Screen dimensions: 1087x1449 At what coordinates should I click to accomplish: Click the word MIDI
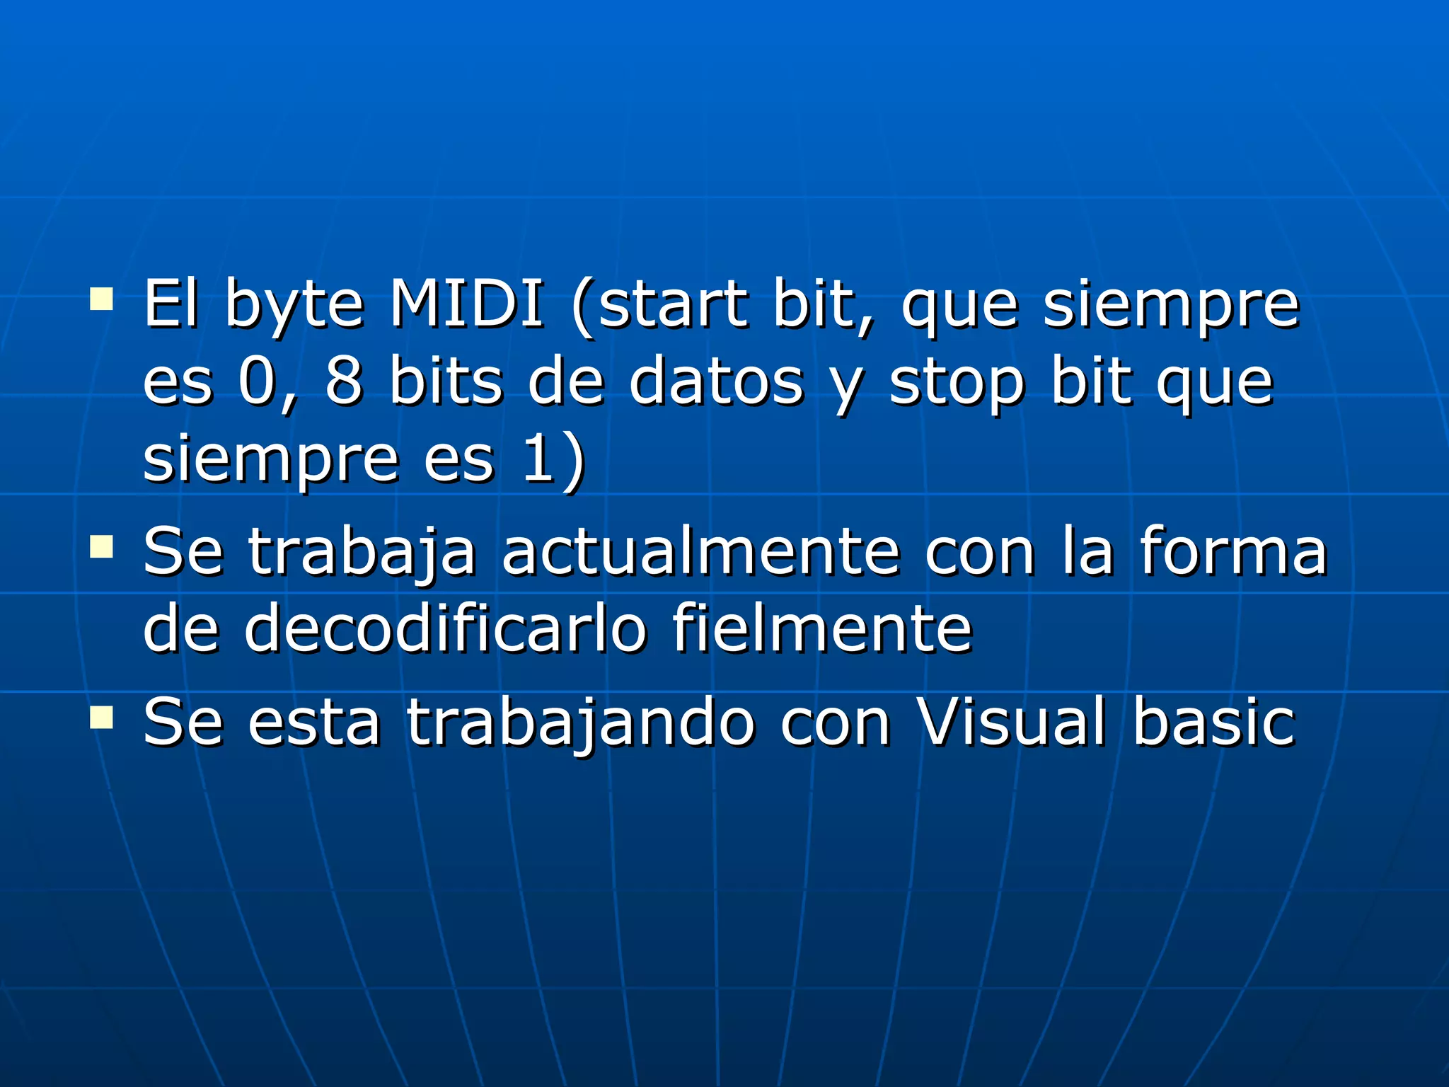coord(468,304)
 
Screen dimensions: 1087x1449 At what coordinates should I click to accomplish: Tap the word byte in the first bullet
coord(294,306)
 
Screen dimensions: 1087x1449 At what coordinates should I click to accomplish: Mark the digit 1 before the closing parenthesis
coord(538,459)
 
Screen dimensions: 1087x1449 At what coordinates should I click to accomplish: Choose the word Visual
coord(1012,721)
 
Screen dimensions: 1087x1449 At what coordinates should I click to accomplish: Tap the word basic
coord(1214,721)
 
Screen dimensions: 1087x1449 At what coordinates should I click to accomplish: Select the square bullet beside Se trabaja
coord(102,547)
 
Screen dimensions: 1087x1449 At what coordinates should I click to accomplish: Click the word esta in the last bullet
coord(314,723)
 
